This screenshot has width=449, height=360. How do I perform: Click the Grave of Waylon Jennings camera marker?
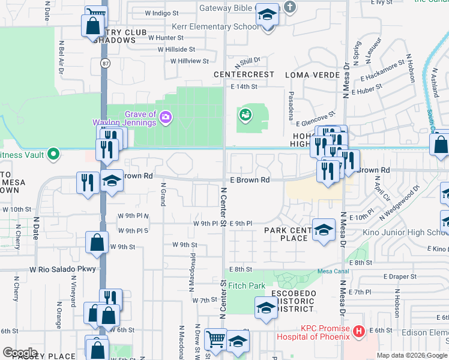(x=166, y=116)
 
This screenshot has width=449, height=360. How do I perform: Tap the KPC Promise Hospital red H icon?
(x=359, y=331)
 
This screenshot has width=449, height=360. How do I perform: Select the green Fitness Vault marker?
(x=53, y=154)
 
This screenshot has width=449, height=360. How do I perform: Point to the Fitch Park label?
(x=246, y=286)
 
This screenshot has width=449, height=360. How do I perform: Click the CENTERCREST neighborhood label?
(x=244, y=74)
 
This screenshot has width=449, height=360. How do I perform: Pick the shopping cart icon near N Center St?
(x=215, y=339)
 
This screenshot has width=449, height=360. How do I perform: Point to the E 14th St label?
(x=244, y=86)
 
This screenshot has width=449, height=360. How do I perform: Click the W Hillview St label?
(x=189, y=61)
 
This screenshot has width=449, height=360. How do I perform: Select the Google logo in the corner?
(x=20, y=352)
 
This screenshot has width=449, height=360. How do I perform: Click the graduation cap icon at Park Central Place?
(x=323, y=230)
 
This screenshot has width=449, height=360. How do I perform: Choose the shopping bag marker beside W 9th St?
(x=97, y=243)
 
